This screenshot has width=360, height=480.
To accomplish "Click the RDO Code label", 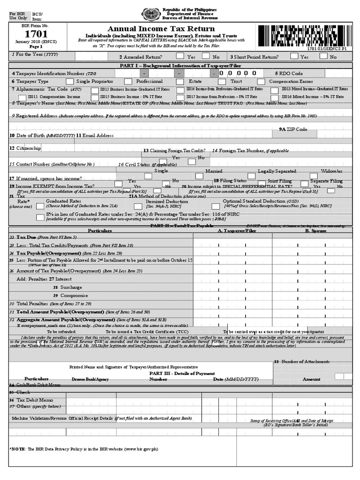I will (x=289, y=74).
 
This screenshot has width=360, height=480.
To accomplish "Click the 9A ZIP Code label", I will (x=293, y=129).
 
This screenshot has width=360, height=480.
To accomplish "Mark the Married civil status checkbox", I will (x=200, y=176).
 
